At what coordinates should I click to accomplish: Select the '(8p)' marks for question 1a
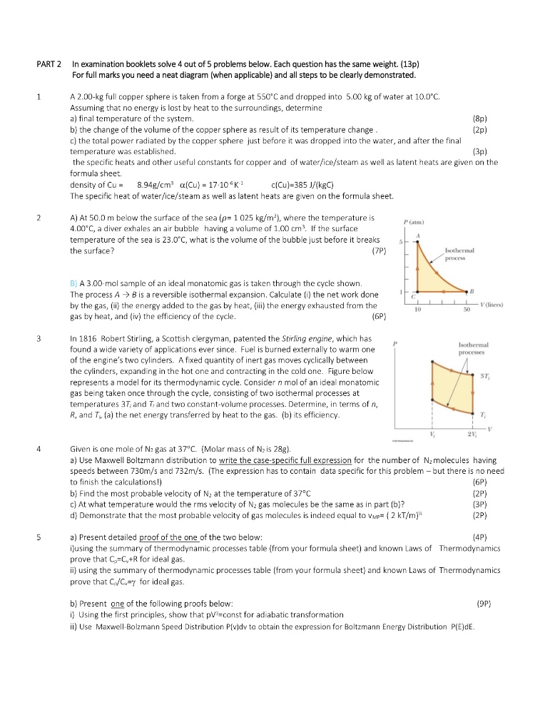click(479, 118)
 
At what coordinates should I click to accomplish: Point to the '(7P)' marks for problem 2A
click(379, 251)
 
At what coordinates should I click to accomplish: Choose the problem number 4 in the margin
click(40, 450)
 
